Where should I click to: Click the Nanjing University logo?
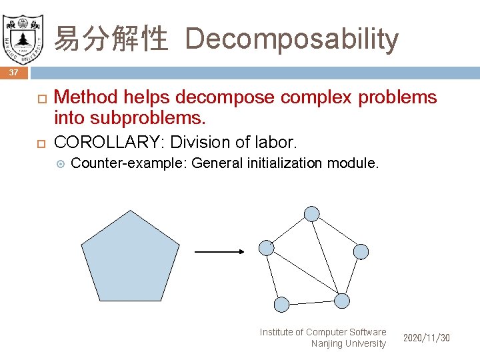[23, 34]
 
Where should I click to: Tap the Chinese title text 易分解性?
[110, 39]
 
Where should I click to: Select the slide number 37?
[14, 72]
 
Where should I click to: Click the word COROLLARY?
[110, 142]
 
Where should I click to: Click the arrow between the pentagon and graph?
[219, 252]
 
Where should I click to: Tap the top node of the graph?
[311, 214]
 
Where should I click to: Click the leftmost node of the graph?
[266, 248]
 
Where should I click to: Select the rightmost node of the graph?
[360, 251]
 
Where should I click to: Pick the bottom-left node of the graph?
[282, 305]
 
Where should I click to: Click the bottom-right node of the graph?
[341, 301]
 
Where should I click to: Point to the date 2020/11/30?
[426, 338]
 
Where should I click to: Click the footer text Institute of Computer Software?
[323, 332]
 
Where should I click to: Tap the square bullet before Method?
[39, 98]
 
